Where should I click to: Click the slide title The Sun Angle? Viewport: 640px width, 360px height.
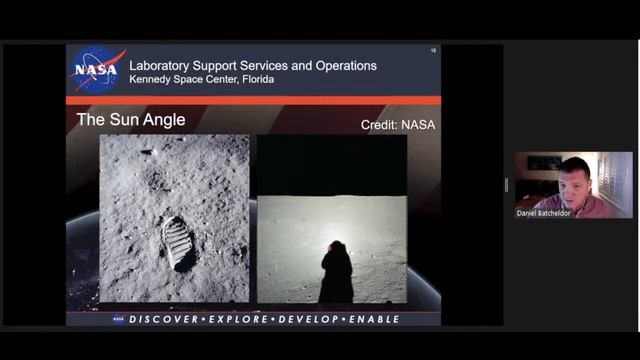(131, 120)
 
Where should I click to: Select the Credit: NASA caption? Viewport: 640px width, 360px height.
(398, 125)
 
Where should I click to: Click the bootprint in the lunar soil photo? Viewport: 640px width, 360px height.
(179, 242)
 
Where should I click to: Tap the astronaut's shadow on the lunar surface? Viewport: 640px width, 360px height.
(336, 274)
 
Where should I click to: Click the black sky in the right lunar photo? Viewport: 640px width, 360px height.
(331, 164)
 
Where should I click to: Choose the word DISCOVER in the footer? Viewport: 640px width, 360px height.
(167, 319)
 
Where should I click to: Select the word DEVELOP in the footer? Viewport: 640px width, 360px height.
(307, 319)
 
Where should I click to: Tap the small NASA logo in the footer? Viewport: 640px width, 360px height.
(119, 319)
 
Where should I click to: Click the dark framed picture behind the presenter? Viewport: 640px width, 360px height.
(544, 163)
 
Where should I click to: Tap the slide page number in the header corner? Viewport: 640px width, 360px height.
(434, 50)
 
